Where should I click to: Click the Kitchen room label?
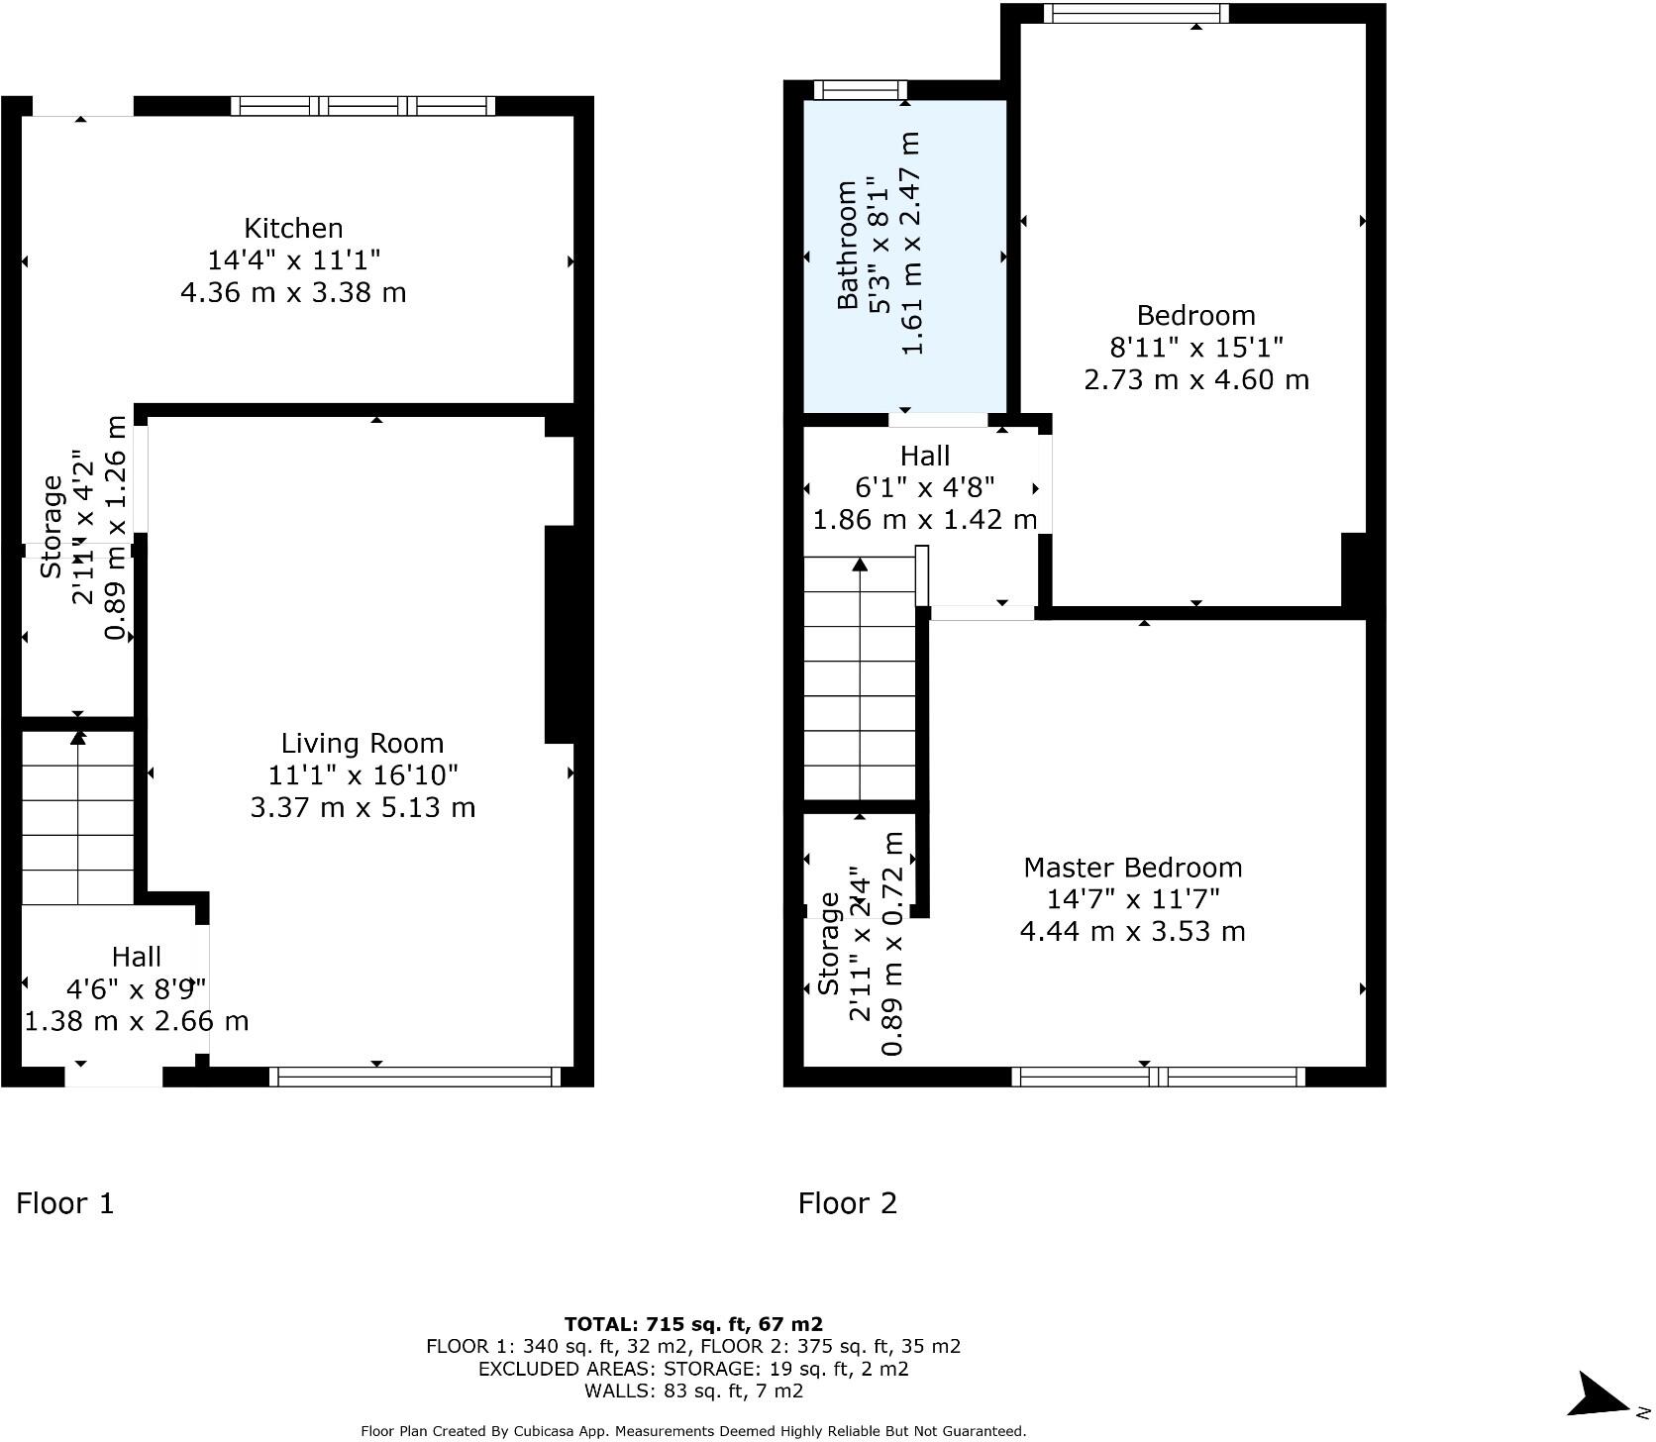click(x=293, y=229)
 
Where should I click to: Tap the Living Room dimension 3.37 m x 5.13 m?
click(x=362, y=808)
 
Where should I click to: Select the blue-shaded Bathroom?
click(x=904, y=256)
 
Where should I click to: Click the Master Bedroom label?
click(x=1132, y=868)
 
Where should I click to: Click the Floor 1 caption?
click(x=65, y=1203)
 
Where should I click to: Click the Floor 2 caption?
click(x=848, y=1203)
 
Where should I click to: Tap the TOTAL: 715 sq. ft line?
click(x=693, y=1324)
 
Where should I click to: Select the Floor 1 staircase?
click(x=77, y=818)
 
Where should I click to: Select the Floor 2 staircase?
click(x=859, y=679)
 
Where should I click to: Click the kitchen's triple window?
click(x=362, y=106)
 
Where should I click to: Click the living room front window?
click(x=415, y=1078)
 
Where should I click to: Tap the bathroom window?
click(x=860, y=90)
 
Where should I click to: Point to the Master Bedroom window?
click(x=1158, y=1078)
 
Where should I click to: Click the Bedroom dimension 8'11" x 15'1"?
click(x=1196, y=348)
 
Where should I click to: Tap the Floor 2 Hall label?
click(x=925, y=457)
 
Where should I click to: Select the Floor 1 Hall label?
click(x=137, y=958)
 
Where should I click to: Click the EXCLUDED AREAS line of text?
click(x=693, y=1369)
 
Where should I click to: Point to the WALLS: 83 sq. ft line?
click(x=693, y=1390)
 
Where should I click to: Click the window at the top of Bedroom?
click(x=1136, y=14)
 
